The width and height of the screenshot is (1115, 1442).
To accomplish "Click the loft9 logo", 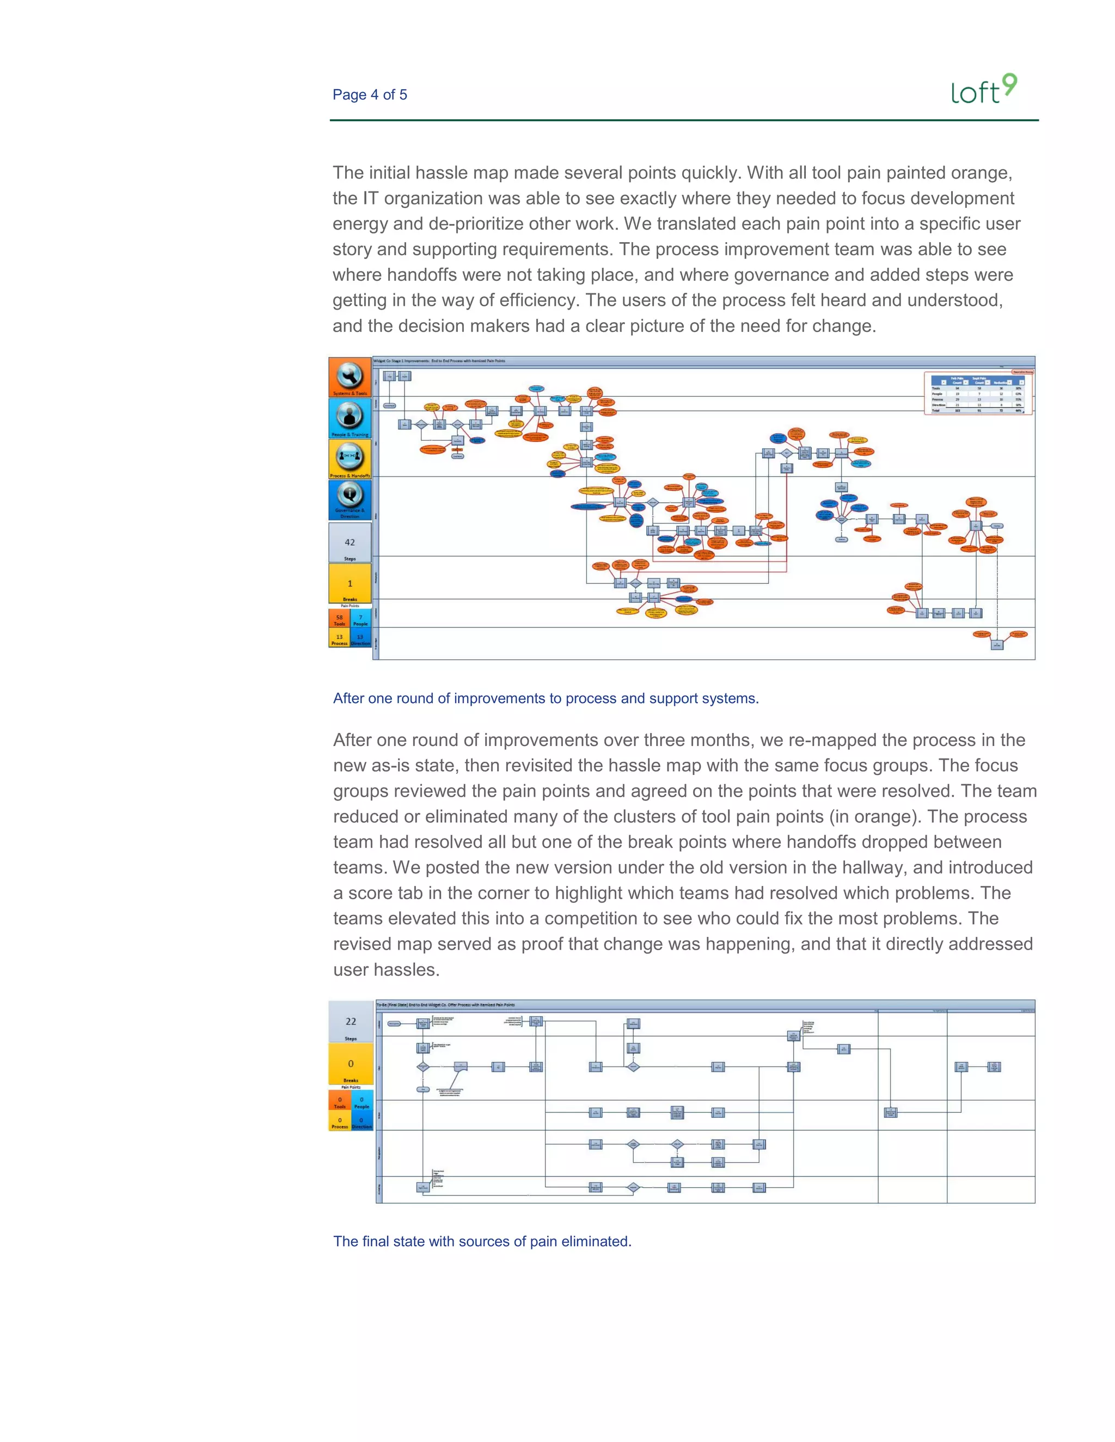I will tap(984, 90).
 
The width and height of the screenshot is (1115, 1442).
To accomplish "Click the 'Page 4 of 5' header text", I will tap(369, 95).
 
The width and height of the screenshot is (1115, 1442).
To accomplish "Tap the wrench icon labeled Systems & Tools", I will tap(350, 377).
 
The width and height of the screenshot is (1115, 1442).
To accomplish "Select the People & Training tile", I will tap(350, 418).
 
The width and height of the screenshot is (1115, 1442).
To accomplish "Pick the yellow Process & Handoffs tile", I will tap(350, 459).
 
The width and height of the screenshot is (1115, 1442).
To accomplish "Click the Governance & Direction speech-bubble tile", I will tap(350, 500).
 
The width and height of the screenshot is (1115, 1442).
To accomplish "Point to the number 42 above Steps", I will tap(350, 542).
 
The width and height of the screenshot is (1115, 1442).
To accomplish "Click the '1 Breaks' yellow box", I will tap(350, 584).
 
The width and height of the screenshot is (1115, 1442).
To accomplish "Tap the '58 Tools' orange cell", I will tap(340, 619).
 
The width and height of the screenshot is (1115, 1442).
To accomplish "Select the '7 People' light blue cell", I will tap(360, 619).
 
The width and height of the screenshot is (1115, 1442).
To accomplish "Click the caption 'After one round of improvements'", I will tap(546, 698).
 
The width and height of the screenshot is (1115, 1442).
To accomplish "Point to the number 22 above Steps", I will tap(351, 1021).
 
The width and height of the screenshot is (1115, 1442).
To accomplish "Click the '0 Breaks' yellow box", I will tap(351, 1064).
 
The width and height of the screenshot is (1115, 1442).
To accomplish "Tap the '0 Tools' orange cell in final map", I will tap(340, 1102).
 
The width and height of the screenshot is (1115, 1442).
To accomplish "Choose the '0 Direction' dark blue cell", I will tap(362, 1122).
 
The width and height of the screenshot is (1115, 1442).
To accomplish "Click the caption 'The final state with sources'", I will tap(482, 1241).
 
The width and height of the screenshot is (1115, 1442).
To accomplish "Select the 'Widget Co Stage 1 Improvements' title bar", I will tap(439, 361).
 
